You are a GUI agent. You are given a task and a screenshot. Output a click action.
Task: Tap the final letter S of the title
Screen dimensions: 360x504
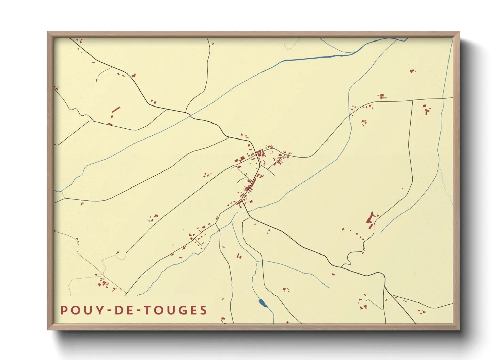pos(204,310)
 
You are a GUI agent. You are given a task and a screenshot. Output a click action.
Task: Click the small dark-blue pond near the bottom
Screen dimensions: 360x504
pos(262,303)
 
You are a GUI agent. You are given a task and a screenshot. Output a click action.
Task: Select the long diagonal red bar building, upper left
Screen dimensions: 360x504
pos(116,110)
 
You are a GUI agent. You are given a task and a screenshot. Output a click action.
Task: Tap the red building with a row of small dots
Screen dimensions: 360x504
pos(382,96)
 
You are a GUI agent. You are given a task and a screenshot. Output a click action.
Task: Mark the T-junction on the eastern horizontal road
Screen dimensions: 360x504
pos(413,100)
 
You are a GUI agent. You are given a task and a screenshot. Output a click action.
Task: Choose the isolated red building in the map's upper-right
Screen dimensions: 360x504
pos(412,71)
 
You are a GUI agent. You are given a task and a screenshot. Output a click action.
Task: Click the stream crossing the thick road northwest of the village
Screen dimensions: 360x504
pos(191,116)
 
